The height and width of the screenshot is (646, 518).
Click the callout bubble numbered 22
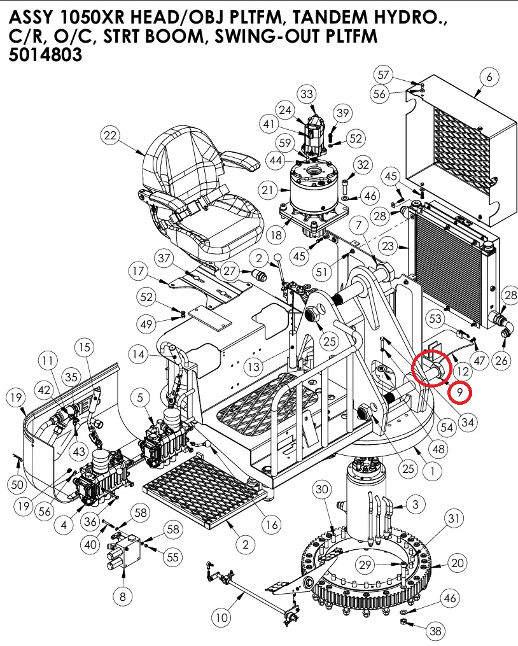[111, 136]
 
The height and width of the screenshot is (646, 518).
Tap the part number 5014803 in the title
[46, 55]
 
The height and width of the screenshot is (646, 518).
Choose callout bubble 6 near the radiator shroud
[489, 78]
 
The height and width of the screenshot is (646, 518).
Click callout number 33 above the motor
[307, 95]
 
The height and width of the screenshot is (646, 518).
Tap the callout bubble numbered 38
[435, 631]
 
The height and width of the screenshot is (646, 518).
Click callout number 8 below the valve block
[123, 596]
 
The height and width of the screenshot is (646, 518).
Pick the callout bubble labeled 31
[453, 519]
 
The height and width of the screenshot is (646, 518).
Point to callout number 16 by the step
[272, 525]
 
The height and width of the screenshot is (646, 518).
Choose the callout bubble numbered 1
[432, 472]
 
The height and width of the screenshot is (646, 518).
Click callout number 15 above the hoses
[85, 347]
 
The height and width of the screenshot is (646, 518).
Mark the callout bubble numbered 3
[415, 505]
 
